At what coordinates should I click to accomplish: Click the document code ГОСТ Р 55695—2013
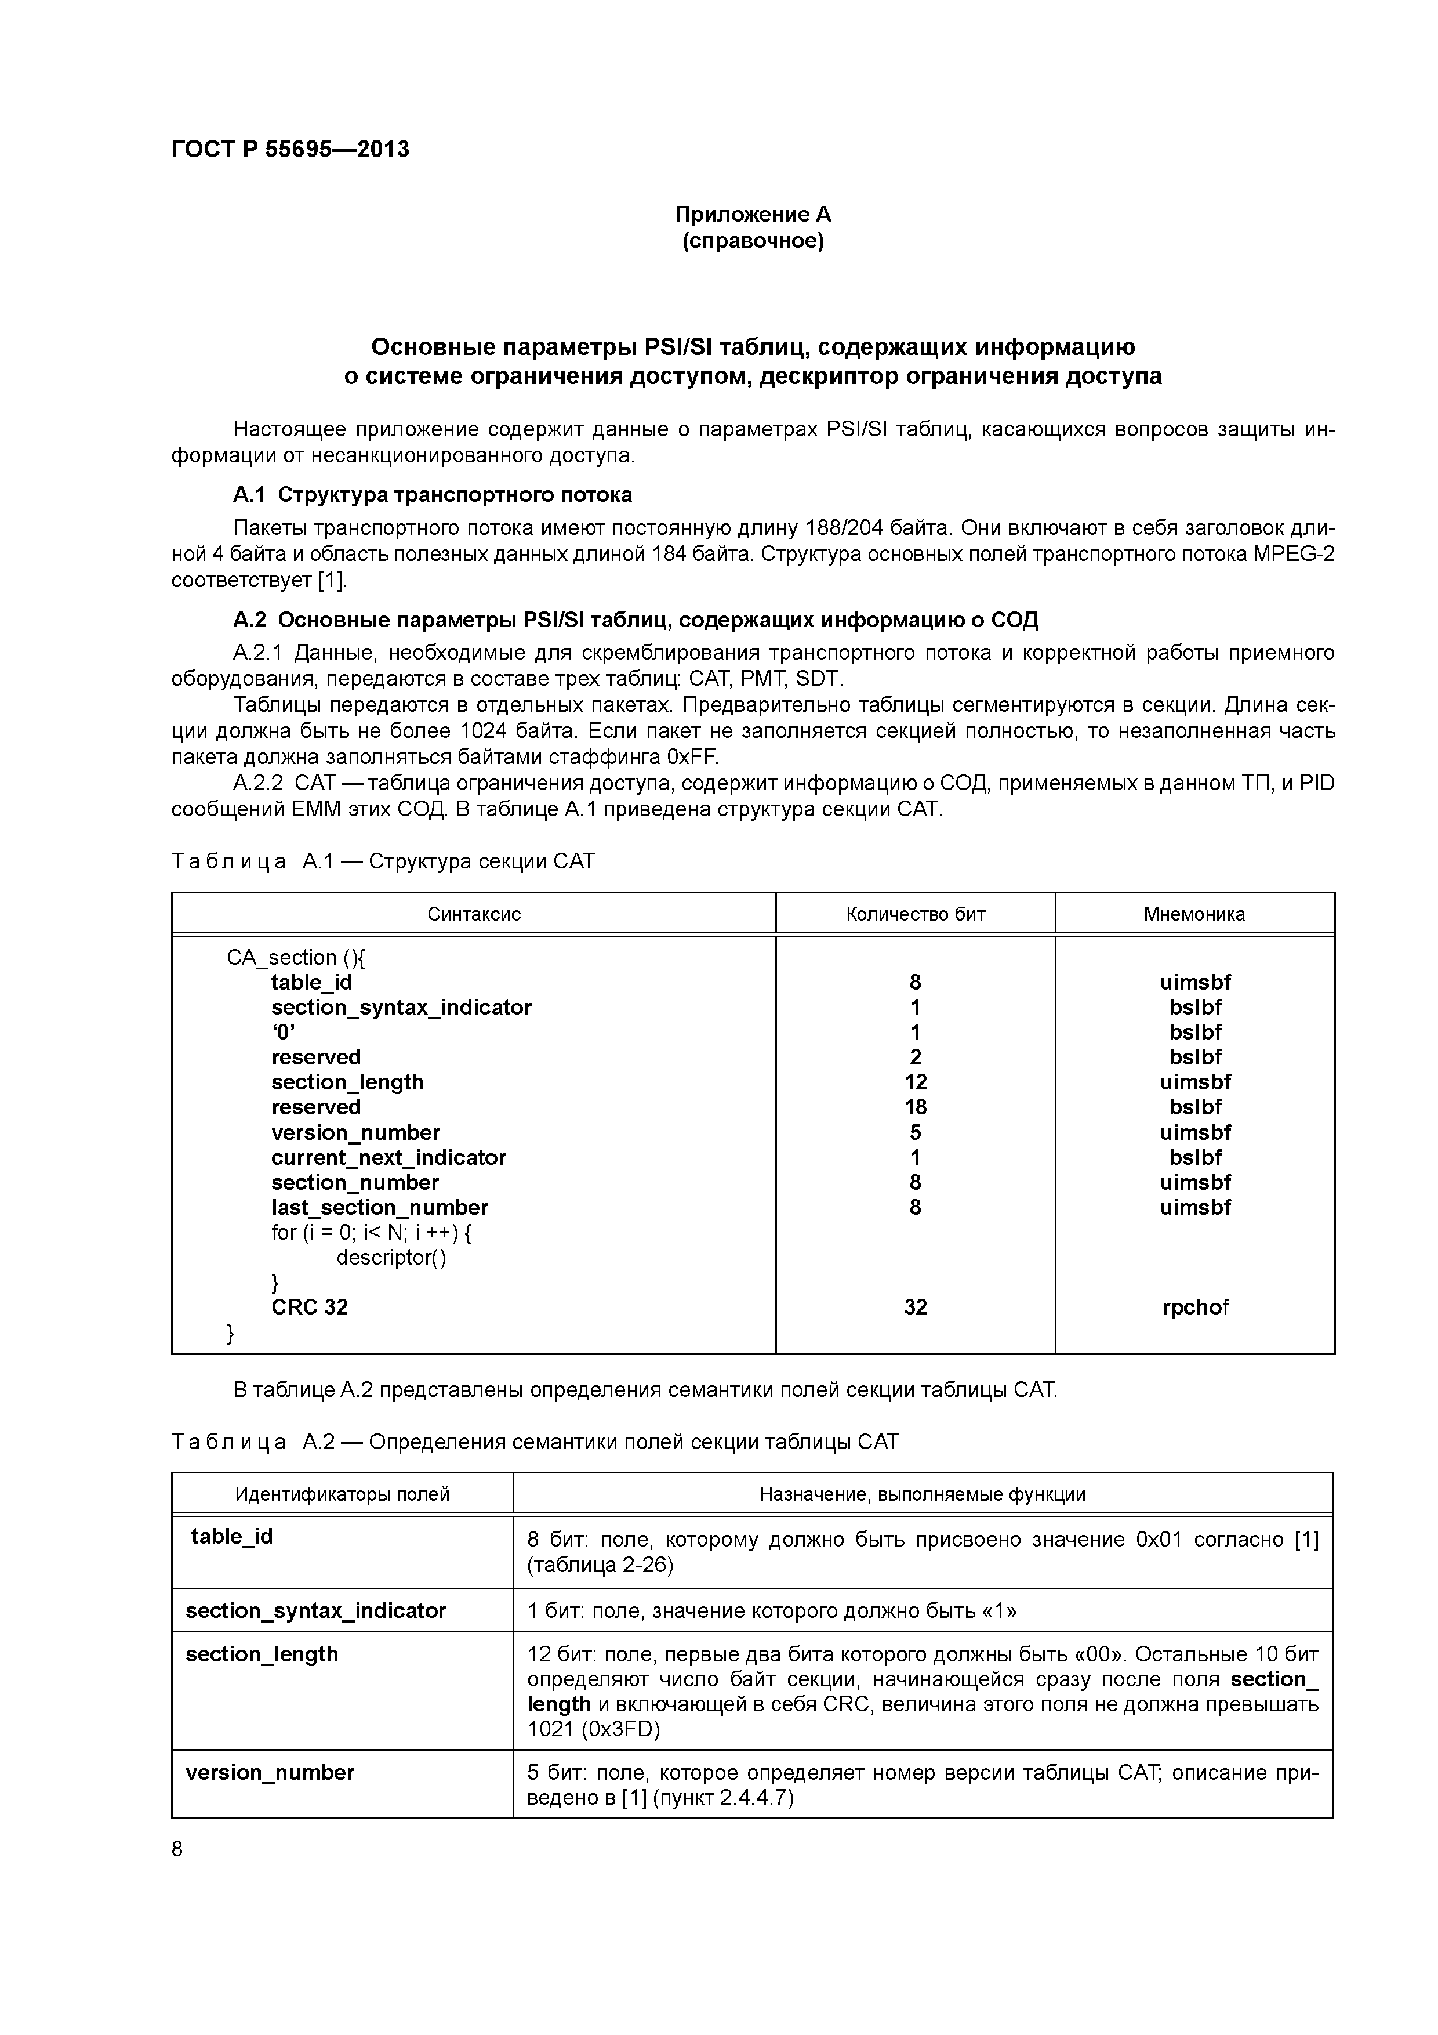tap(290, 149)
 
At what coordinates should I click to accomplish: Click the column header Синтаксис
tap(474, 914)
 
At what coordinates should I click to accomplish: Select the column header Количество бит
tap(915, 914)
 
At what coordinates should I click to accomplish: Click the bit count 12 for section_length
tap(915, 1082)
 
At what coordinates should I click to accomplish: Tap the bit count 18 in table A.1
tap(915, 1107)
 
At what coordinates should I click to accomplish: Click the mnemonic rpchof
tap(1194, 1308)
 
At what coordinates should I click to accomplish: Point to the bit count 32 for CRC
tap(915, 1308)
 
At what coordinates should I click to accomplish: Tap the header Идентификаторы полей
tap(342, 1494)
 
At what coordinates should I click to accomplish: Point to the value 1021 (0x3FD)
tap(594, 1729)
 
